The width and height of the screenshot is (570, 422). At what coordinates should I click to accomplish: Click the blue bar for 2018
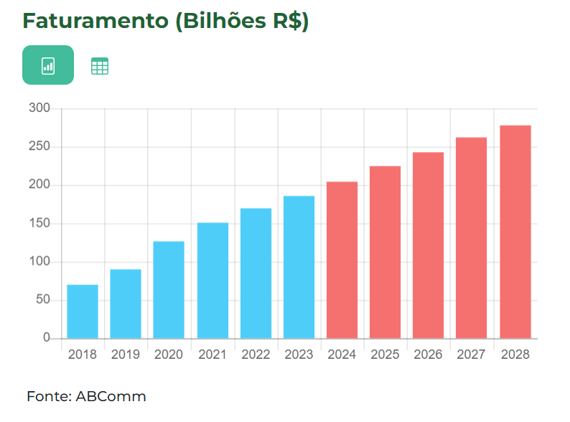[x=83, y=311]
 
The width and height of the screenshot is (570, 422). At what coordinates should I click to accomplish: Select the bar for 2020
[x=169, y=290]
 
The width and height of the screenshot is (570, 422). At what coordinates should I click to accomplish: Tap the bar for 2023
[x=299, y=267]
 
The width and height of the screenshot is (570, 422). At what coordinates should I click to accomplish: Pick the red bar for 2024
[x=342, y=260]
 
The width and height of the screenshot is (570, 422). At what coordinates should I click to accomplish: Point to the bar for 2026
[x=428, y=245]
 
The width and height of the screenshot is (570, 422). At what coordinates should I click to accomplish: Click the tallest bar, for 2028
[x=515, y=232]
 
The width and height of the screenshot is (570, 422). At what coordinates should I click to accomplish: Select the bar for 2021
[x=212, y=281]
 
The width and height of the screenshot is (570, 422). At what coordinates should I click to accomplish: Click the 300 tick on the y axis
[x=39, y=108]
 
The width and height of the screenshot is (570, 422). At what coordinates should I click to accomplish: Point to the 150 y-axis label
[x=39, y=223]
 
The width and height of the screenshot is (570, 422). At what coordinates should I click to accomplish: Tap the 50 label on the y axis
[x=42, y=300]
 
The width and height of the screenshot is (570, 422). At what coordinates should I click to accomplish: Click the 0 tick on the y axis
[x=47, y=338]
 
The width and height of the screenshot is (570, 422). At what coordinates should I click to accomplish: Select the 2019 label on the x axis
[x=126, y=355]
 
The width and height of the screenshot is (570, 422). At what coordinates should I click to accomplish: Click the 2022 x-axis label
[x=256, y=355]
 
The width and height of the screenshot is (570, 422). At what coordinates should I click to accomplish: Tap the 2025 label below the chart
[x=386, y=355]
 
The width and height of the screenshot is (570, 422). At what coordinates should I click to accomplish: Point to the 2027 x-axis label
[x=472, y=355]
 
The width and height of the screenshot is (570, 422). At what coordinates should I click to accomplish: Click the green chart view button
[x=48, y=65]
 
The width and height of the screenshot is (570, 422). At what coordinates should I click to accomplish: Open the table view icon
[x=100, y=67]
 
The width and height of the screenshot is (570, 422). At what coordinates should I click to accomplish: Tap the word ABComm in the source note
[x=111, y=396]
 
